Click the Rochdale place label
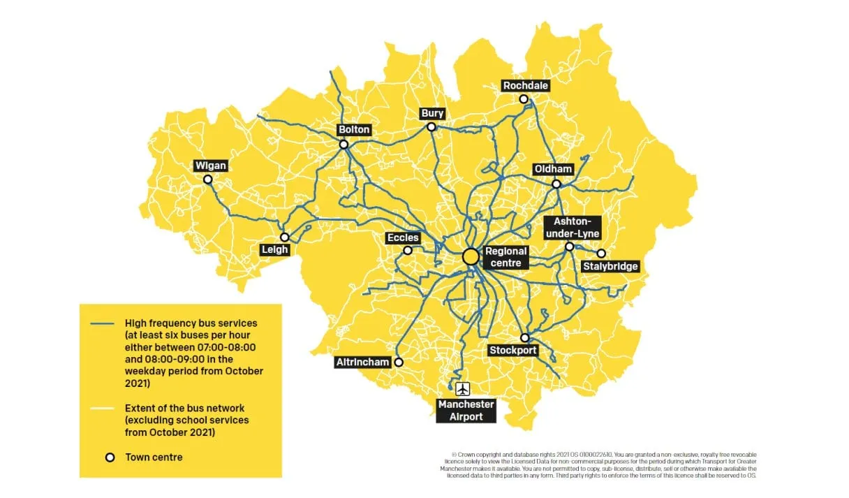(x=526, y=86)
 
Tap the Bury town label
(x=432, y=114)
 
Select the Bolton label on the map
(x=354, y=130)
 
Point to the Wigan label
(x=211, y=166)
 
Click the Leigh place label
(x=274, y=249)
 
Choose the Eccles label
(x=403, y=238)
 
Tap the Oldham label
(x=553, y=170)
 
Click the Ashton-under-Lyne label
(x=572, y=227)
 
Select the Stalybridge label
(x=611, y=266)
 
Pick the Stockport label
(x=513, y=350)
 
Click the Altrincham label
(x=362, y=362)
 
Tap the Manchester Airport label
(x=466, y=411)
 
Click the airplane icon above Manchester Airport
(x=462, y=389)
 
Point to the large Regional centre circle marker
(x=471, y=256)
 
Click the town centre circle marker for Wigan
(x=207, y=180)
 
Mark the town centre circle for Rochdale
(x=524, y=99)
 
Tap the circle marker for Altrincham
(x=399, y=362)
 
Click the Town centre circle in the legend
(x=110, y=457)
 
